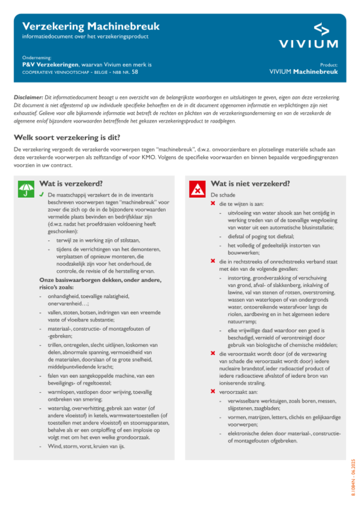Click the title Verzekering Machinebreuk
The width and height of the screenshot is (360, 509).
point(91,26)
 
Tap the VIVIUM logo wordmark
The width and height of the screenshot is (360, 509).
point(309,44)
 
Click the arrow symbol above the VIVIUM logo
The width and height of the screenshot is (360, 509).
point(321,29)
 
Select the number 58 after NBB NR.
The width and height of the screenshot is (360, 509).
point(135,72)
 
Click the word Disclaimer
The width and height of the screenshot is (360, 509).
point(28,97)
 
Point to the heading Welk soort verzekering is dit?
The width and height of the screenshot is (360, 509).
point(67,138)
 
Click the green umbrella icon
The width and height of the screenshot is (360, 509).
point(26,189)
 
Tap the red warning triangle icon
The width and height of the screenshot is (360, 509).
point(197,189)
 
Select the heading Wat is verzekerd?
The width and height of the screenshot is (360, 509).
point(71,184)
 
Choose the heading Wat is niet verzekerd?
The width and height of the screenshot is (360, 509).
point(250,184)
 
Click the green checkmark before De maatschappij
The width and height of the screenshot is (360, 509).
point(42,195)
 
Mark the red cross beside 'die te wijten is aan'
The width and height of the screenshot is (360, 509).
point(213,204)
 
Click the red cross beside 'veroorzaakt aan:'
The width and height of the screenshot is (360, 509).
point(213,392)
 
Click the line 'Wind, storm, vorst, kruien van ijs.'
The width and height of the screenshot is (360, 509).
point(86,446)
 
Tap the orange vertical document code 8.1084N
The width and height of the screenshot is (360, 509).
point(353,477)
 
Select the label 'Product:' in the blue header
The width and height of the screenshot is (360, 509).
point(329,65)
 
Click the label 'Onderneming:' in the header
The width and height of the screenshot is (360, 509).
point(37,58)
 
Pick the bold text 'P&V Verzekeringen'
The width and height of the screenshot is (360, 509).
point(50,65)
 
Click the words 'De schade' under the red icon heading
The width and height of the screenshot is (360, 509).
point(223,195)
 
